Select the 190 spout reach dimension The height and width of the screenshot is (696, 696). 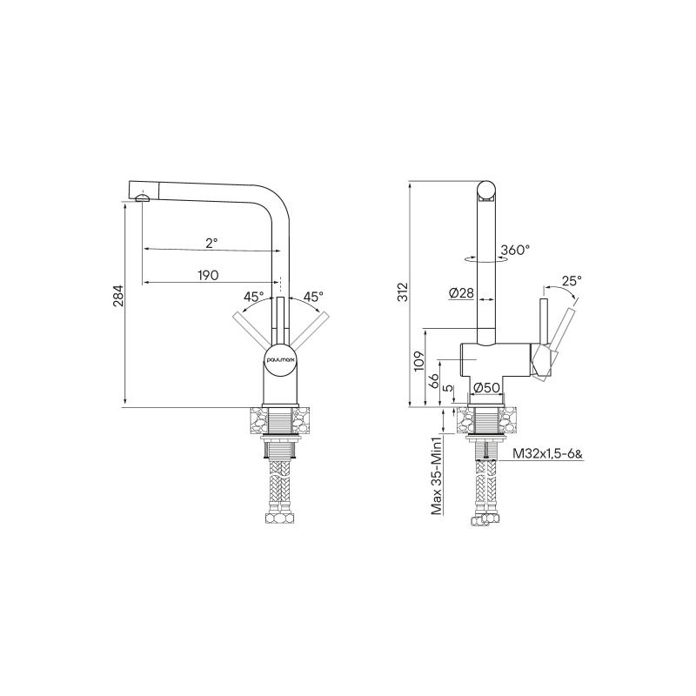[207, 276]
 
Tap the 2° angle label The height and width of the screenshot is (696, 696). [211, 242]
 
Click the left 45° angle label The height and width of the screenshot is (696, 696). [253, 297]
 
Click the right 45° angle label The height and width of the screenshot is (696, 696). [312, 297]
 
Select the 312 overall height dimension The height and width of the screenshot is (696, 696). [402, 294]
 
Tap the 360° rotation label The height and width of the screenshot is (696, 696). [515, 251]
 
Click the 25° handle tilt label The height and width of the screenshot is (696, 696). [571, 281]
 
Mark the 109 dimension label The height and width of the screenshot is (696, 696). [418, 360]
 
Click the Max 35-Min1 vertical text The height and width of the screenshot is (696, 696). [440, 476]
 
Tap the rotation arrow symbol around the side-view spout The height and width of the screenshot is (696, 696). [484, 258]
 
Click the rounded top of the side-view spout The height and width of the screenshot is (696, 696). [488, 187]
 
